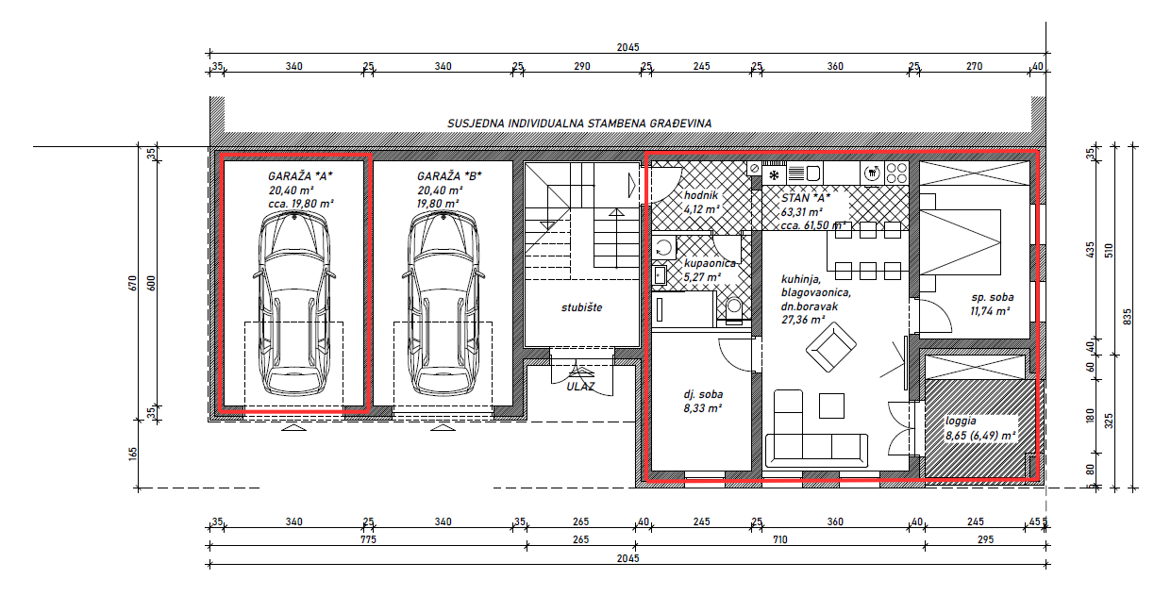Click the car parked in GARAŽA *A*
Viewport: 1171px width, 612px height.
coord(293,302)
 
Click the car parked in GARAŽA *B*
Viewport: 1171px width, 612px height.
coord(443,302)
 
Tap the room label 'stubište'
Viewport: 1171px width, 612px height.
coord(581,307)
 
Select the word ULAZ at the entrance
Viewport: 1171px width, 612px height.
coord(580,386)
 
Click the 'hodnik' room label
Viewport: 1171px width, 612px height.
coord(700,196)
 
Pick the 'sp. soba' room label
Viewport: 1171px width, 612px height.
coord(991,297)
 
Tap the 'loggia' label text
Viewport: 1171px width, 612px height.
coord(963,422)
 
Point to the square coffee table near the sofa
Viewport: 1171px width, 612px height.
coord(832,405)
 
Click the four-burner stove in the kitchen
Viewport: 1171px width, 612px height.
coord(895,173)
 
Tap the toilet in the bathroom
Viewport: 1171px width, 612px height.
coord(734,308)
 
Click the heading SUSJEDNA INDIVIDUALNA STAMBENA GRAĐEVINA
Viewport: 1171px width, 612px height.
coord(579,124)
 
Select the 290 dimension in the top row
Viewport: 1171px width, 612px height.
coord(581,66)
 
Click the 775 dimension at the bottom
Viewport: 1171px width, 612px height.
coord(367,540)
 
